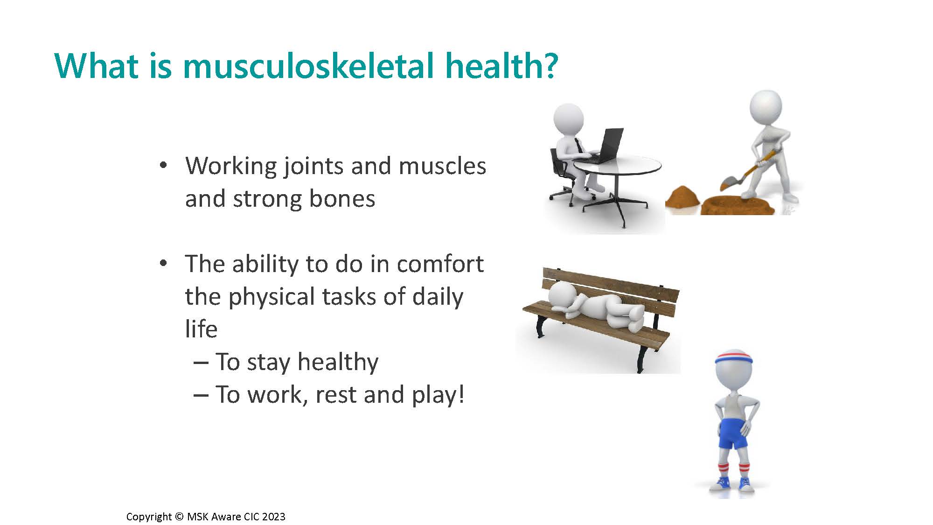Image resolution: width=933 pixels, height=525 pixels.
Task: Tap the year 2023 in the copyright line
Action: pyautogui.click(x=273, y=517)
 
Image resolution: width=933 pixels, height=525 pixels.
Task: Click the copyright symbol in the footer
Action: pyautogui.click(x=179, y=517)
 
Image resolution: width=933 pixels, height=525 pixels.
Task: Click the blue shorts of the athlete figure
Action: pyautogui.click(x=733, y=433)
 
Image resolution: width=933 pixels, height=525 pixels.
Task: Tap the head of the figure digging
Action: pyautogui.click(x=765, y=107)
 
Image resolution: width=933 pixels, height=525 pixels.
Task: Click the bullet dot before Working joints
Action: pyautogui.click(x=163, y=166)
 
